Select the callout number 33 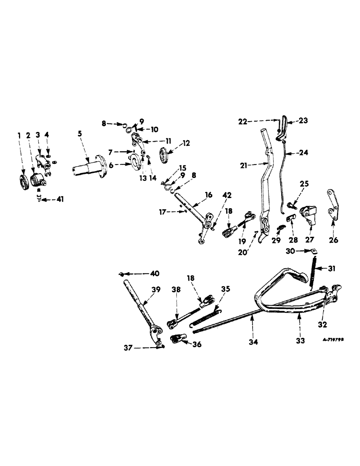[300, 341]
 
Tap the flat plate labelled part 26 [332, 205]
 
